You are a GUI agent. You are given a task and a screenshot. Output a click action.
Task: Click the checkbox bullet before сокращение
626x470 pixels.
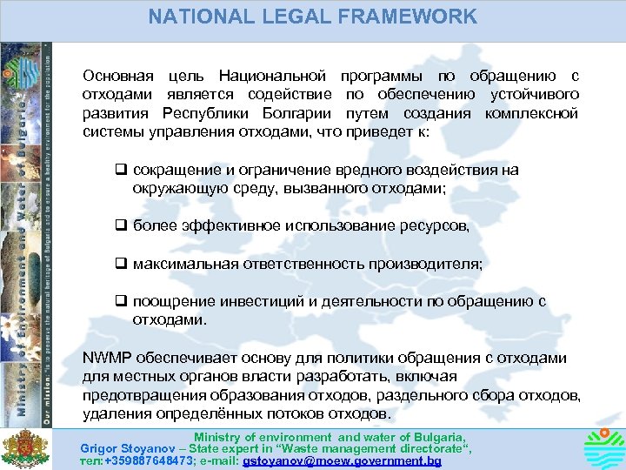coord(122,171)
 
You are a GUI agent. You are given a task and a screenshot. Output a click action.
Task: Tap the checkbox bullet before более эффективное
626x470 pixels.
coord(122,226)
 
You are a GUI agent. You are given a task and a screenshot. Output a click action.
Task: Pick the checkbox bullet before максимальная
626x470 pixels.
coord(122,264)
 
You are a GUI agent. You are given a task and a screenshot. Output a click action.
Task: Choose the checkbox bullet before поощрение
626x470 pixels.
coord(122,302)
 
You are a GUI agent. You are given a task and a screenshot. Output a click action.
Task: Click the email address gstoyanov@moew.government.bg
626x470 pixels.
coord(343,460)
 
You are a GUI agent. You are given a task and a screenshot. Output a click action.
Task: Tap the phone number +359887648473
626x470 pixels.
coord(147,460)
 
